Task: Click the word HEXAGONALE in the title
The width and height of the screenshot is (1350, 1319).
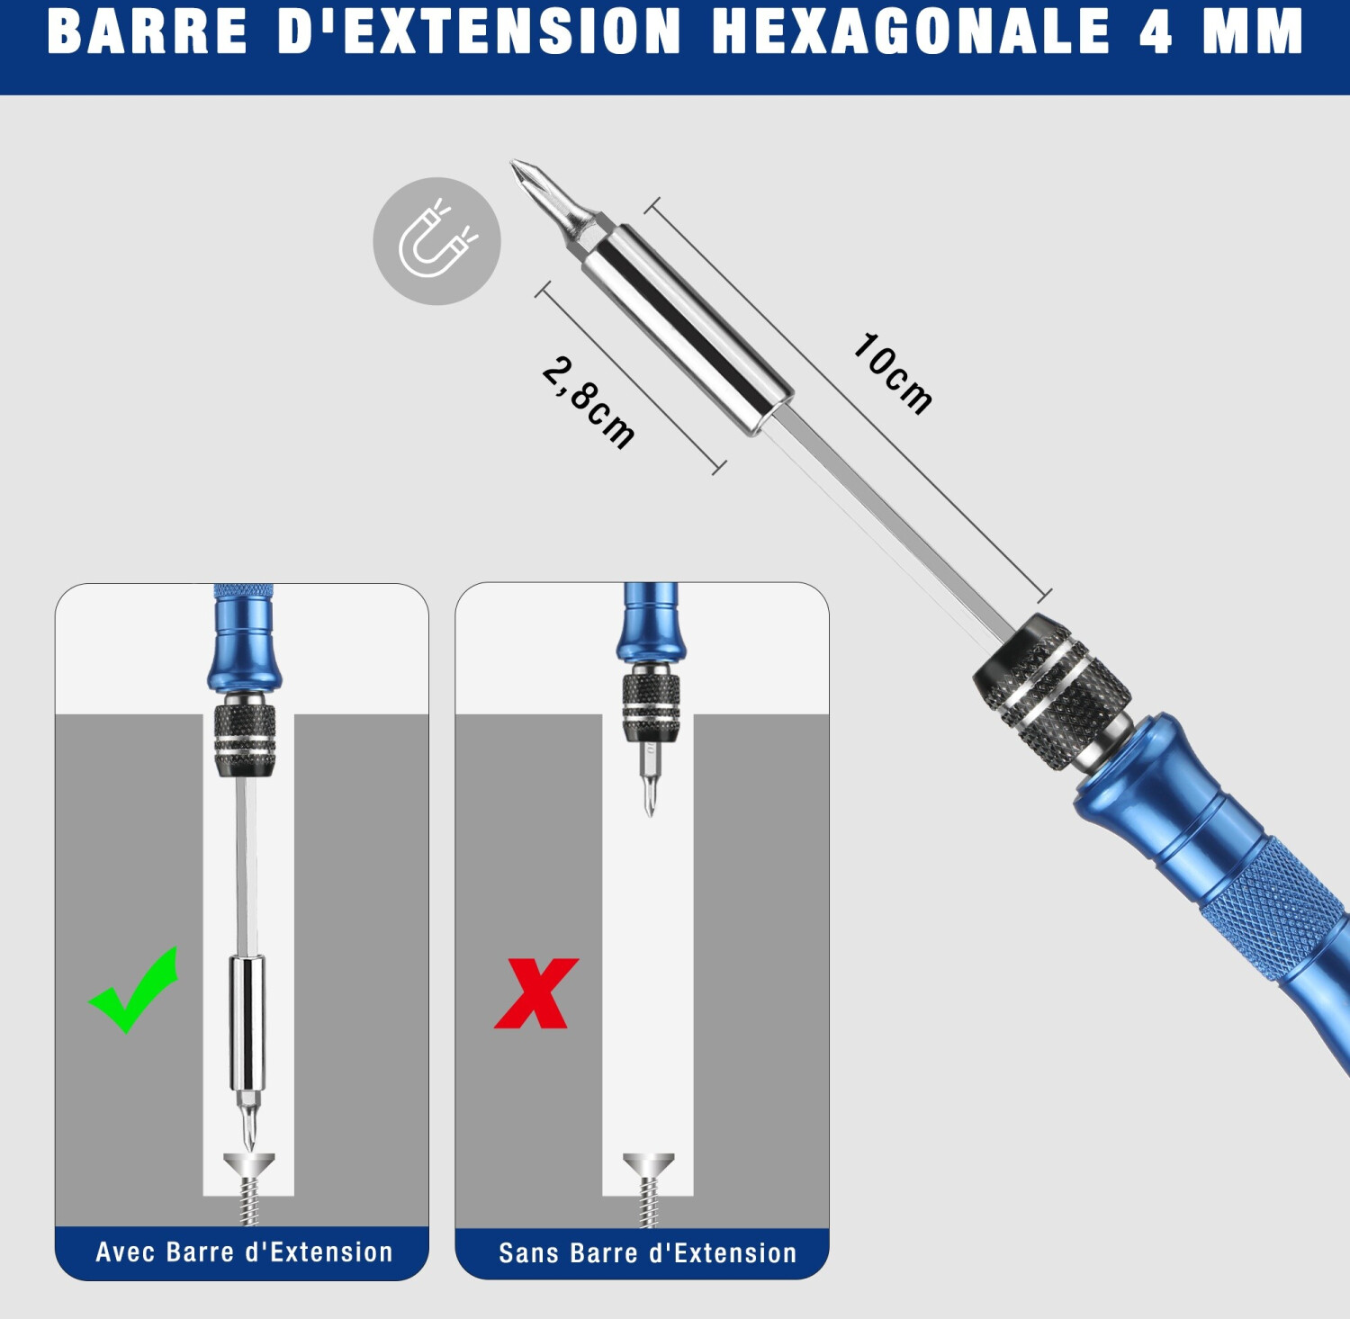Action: pyautogui.click(x=911, y=31)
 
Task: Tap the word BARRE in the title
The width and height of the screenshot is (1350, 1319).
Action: pyautogui.click(x=147, y=31)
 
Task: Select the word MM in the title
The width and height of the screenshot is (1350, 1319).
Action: pyautogui.click(x=1253, y=31)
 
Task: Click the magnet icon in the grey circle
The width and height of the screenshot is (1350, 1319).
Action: pyautogui.click(x=437, y=240)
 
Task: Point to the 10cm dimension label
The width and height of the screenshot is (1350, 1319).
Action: pyautogui.click(x=892, y=372)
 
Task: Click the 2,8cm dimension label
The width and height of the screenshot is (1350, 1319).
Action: pyautogui.click(x=589, y=401)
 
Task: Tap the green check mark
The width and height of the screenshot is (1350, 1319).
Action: pyautogui.click(x=133, y=989)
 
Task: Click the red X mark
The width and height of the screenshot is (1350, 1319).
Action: pyautogui.click(x=536, y=992)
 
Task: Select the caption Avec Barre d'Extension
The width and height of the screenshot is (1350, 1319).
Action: pyautogui.click(x=244, y=1252)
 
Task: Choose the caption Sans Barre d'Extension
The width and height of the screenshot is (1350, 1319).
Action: pyautogui.click(x=648, y=1252)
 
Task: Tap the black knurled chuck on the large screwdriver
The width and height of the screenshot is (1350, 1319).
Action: pyautogui.click(x=1051, y=691)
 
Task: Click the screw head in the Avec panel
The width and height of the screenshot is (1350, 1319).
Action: pyautogui.click(x=248, y=1164)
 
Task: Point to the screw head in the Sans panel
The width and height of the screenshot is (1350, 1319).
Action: pyautogui.click(x=648, y=1164)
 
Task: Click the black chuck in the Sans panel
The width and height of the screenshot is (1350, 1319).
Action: pyautogui.click(x=650, y=706)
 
